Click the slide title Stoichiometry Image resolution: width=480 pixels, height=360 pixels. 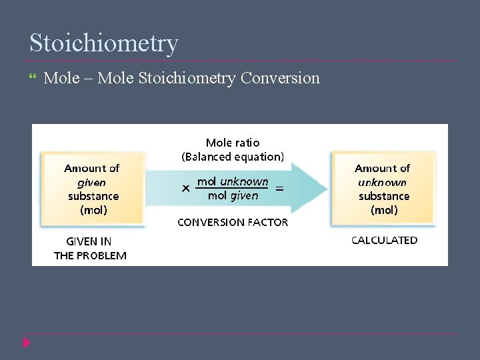[104, 43]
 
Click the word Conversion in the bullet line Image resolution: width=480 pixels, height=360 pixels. [280, 78]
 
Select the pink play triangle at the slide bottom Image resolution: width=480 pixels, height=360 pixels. [27, 343]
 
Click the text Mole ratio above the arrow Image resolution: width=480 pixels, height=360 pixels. [233, 143]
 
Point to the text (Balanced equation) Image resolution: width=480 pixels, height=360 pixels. [233, 157]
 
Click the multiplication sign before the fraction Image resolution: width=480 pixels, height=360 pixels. [186, 189]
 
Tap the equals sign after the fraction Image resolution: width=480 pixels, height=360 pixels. [279, 189]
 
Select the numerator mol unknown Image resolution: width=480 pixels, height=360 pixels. [233, 181]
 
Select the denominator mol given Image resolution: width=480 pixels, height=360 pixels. [233, 195]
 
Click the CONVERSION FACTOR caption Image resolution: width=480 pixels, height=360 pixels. [233, 222]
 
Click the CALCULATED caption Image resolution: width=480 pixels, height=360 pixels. [385, 240]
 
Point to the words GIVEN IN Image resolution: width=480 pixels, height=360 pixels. [89, 241]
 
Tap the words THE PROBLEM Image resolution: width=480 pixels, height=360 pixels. [90, 255]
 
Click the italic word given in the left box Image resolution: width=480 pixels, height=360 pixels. [92, 183]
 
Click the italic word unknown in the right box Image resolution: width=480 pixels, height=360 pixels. [383, 183]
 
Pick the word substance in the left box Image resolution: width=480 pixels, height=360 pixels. [93, 197]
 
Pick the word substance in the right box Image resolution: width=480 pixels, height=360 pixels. [384, 197]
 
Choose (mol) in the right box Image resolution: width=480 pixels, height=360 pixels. [384, 211]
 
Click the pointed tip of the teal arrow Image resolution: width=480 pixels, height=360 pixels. [327, 189]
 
